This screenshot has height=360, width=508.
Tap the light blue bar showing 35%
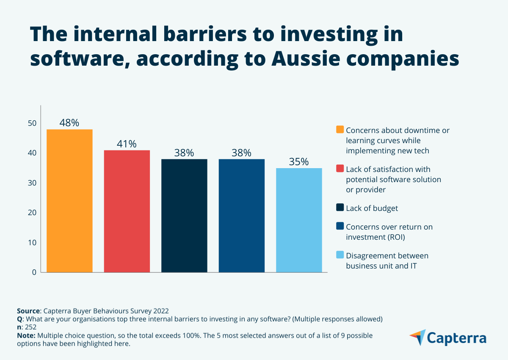click(x=299, y=220)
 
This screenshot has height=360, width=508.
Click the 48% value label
click(x=69, y=123)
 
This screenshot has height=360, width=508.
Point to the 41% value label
click(x=127, y=144)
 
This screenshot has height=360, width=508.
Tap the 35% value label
click(x=299, y=162)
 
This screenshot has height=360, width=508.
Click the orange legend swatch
click(x=340, y=130)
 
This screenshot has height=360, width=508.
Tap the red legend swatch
click(x=340, y=169)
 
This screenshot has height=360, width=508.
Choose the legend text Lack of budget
click(x=372, y=208)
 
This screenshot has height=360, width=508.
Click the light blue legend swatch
click(x=340, y=255)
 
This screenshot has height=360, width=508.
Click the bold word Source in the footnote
click(x=28, y=310)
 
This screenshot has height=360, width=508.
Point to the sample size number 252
click(x=30, y=327)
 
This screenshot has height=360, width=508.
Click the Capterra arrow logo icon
click(x=417, y=337)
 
